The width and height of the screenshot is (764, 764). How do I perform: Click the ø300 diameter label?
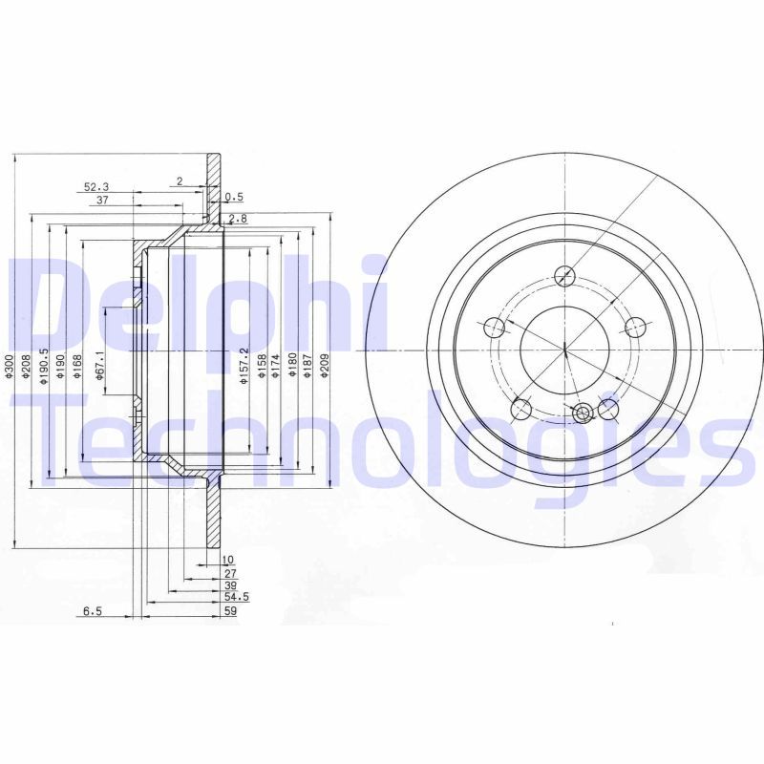8,367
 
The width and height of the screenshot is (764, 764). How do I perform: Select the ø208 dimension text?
27,367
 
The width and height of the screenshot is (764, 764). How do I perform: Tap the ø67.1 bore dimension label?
100,366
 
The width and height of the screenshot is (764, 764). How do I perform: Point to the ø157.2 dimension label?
244,366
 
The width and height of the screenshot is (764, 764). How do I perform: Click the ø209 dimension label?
325,366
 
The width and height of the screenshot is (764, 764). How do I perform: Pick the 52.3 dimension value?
96,186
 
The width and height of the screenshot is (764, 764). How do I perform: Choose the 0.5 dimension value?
234,198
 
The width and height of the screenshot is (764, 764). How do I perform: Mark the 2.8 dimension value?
238,220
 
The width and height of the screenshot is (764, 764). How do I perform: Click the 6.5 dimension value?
93,611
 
